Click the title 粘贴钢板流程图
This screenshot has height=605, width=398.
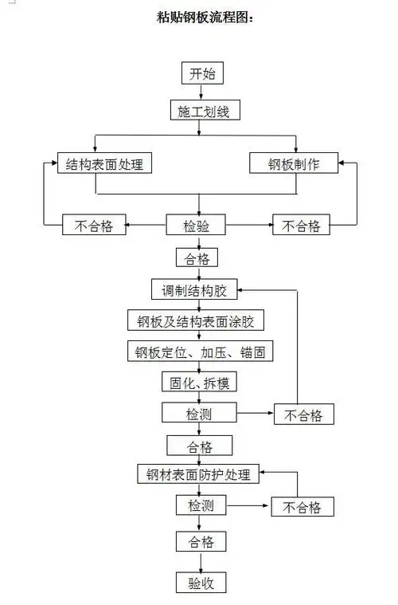point(205,18)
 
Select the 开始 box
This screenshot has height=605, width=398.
point(199,75)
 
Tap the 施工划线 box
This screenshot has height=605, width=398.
point(204,112)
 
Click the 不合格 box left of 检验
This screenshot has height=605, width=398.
point(94,226)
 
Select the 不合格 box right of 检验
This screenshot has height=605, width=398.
point(300,226)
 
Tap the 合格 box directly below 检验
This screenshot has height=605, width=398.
point(197,258)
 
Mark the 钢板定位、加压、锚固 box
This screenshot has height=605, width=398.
point(200,351)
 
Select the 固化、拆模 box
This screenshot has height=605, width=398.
point(199,382)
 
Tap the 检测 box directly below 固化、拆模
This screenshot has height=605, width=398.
point(199,413)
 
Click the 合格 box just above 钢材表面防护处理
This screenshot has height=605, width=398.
point(200,445)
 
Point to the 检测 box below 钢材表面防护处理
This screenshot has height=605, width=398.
point(200,505)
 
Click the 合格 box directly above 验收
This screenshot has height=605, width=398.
point(200,542)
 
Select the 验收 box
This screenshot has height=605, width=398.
point(200,582)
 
